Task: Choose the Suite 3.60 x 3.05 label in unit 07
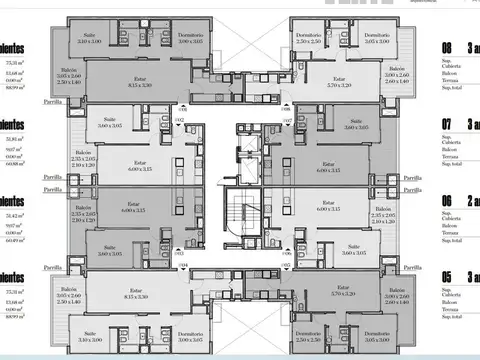pos(356,126)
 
